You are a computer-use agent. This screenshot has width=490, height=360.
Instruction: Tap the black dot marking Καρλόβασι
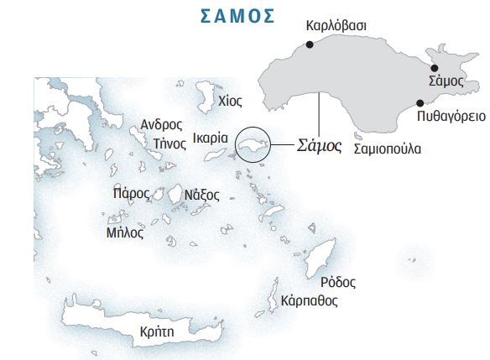pos(310,44)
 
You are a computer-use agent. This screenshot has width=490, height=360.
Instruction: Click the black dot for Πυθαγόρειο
pos(420,103)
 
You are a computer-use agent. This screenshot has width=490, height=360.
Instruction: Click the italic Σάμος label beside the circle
pos(321,145)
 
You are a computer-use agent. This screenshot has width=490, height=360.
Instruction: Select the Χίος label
pos(229,102)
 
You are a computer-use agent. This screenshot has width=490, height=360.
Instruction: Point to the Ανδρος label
pos(161,124)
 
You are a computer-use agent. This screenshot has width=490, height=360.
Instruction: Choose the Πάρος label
pos(130,192)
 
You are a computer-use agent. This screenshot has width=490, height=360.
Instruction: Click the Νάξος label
pos(201,195)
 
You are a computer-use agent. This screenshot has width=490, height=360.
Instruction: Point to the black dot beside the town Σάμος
pos(434,68)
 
